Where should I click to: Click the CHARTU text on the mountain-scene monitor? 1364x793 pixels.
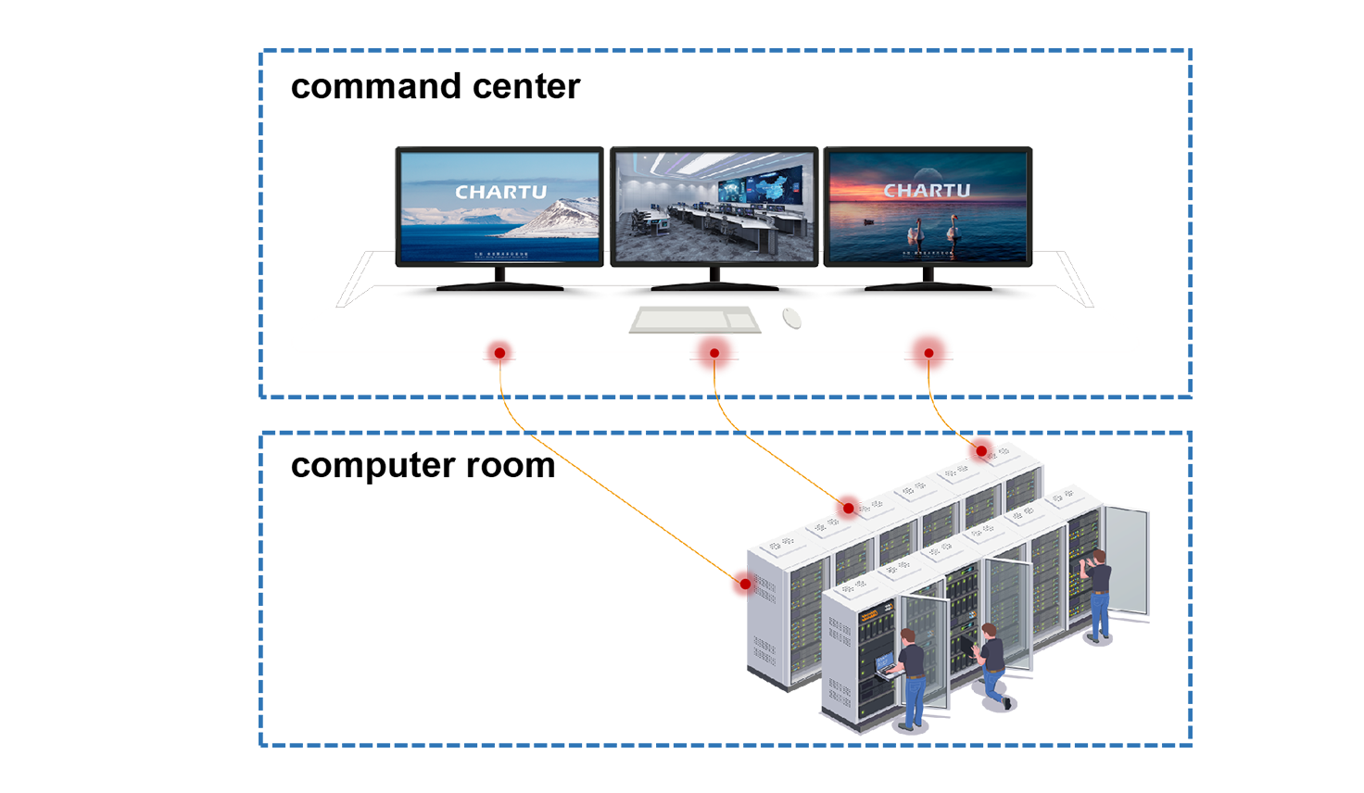tap(500, 193)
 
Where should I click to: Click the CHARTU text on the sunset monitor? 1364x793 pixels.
tap(927, 191)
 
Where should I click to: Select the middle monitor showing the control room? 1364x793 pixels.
tap(714, 208)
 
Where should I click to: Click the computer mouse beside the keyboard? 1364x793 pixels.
tap(799, 316)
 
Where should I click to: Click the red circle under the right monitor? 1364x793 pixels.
tap(928, 351)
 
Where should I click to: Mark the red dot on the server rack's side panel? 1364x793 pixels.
tap(739, 584)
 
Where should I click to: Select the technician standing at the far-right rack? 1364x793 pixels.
tap(1099, 593)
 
